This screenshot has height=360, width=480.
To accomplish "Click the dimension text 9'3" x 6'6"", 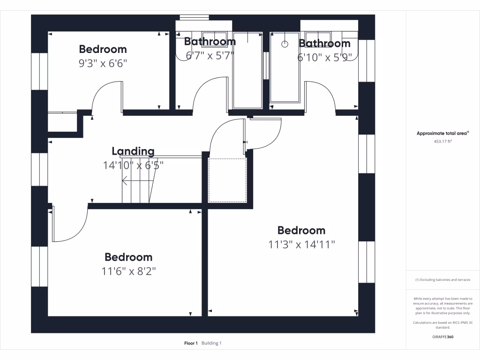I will [103, 63].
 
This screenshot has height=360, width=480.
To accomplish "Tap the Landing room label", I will [133, 151].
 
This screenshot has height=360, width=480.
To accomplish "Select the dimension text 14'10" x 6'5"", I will [133, 165].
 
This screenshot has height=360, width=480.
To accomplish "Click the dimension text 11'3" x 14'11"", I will [301, 245].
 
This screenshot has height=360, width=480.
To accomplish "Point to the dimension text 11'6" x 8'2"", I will [128, 271].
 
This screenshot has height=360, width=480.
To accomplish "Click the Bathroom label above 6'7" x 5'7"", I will [210, 41].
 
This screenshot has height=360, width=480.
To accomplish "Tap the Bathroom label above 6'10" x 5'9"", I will [324, 44].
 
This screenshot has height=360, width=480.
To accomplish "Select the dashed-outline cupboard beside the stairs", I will [227, 180].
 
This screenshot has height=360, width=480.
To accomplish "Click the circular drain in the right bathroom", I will [285, 44].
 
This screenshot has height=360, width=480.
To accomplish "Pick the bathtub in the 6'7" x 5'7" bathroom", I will [247, 70].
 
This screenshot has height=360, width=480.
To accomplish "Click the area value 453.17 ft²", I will [442, 141].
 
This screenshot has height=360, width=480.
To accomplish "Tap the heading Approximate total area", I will [442, 134].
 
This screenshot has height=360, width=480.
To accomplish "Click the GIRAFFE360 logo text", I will [442, 337].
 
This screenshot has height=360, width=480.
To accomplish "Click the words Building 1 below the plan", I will [211, 344].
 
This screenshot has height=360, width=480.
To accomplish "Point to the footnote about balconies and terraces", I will [442, 280].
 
